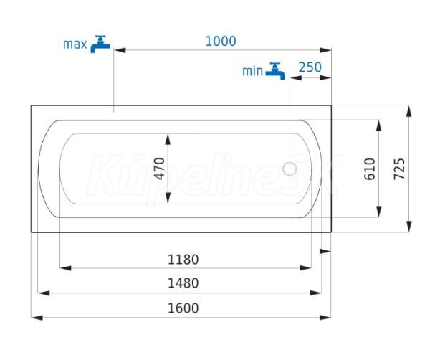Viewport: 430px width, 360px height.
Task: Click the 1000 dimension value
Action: (221, 42)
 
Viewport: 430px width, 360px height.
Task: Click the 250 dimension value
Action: (310, 67)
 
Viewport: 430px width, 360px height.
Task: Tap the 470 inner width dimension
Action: (159, 169)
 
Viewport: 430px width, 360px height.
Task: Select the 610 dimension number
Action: (370, 169)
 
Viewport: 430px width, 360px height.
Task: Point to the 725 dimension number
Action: (399, 169)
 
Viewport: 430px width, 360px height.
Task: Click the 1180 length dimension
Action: (183, 260)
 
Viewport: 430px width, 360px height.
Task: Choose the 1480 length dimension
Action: (183, 283)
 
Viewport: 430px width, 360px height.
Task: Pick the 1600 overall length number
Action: (183, 308)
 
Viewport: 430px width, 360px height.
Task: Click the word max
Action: (75, 44)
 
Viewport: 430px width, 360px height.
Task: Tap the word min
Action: (252, 71)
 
